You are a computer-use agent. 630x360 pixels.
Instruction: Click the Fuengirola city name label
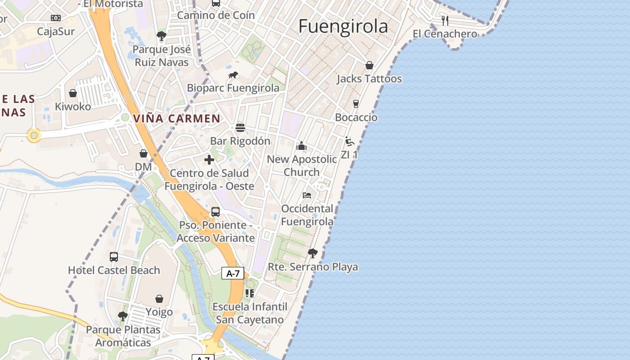click(x=343, y=27)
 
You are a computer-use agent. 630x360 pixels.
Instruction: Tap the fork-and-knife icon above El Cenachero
click(x=445, y=20)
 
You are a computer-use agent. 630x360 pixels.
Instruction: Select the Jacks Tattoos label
click(x=369, y=79)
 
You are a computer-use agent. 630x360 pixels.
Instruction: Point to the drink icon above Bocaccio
click(x=356, y=104)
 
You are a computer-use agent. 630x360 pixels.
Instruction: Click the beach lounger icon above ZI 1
click(x=350, y=141)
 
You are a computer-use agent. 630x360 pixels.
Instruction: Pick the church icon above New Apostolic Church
click(x=301, y=146)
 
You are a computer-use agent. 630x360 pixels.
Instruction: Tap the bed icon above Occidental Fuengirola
click(x=307, y=195)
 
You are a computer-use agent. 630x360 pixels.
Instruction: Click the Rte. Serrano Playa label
click(x=313, y=267)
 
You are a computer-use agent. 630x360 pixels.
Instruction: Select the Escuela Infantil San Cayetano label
click(x=250, y=313)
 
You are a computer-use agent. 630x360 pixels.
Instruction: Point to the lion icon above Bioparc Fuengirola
click(x=233, y=75)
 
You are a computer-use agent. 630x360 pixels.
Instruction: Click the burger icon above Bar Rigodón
click(x=240, y=128)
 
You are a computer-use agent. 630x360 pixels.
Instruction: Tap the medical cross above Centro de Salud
click(x=209, y=160)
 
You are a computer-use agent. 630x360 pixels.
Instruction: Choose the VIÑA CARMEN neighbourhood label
click(x=177, y=119)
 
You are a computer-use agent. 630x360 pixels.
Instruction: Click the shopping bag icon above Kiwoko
click(x=73, y=93)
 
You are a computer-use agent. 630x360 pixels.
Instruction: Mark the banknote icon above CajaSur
click(x=56, y=18)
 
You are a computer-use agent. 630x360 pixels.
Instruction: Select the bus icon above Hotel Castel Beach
click(x=114, y=257)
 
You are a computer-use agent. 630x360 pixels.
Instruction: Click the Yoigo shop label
click(x=159, y=312)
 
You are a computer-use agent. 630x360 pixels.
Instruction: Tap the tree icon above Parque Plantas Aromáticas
click(x=122, y=316)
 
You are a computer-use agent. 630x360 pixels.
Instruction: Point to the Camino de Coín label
click(x=216, y=15)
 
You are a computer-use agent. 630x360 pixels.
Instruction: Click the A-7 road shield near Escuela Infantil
click(x=233, y=273)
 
